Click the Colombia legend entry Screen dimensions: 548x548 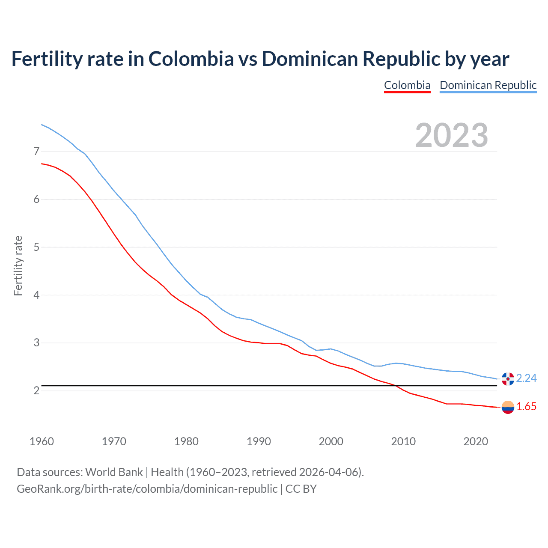tap(407, 85)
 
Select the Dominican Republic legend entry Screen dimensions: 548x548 tap(488, 85)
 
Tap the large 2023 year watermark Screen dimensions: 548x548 tap(451, 135)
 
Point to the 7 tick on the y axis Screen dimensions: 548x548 tap(36, 151)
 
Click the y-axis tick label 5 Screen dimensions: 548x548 tap(36, 247)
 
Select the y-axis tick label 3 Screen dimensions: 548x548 tap(36, 342)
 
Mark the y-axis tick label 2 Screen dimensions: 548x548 tap(36, 390)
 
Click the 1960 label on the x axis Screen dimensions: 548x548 tap(42, 441)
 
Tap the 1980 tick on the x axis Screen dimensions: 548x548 tap(186, 441)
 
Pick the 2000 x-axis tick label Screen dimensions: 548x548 tap(331, 441)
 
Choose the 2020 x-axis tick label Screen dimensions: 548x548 tap(476, 441)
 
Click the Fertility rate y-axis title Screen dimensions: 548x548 tap(18, 265)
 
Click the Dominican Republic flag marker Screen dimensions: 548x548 tap(508, 379)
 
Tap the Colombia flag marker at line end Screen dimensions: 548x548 tap(508, 407)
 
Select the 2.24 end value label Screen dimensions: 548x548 tap(526, 378)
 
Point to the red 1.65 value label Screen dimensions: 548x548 tap(526, 406)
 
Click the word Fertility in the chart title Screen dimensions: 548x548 tap(46, 59)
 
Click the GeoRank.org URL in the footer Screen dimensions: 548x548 tap(147, 488)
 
